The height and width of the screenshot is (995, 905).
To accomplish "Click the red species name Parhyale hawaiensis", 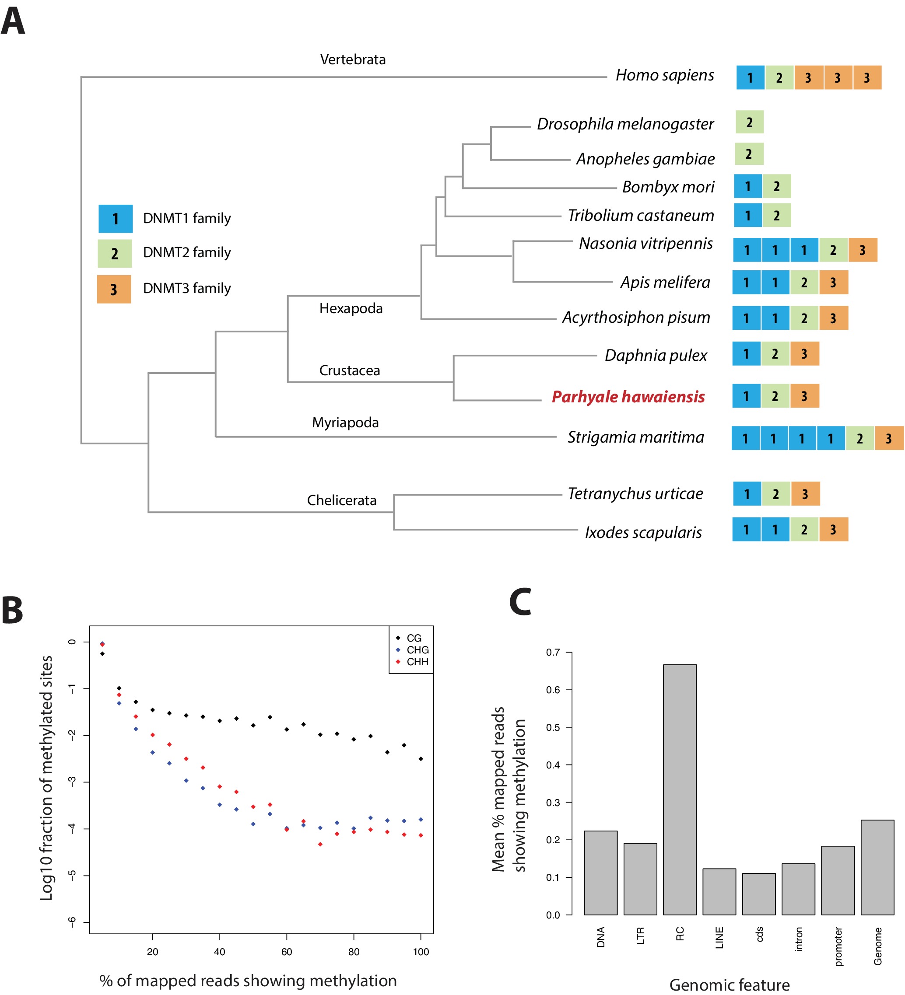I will tap(628, 397).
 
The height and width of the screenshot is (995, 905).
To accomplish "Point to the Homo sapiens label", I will tap(665, 75).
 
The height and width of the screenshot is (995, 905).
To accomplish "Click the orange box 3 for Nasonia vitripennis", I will tap(863, 250).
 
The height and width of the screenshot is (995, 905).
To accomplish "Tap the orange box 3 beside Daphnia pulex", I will tap(804, 353).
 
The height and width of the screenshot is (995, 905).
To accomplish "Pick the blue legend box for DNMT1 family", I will tap(116, 219).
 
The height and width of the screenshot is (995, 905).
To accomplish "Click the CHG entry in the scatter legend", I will tap(417, 650).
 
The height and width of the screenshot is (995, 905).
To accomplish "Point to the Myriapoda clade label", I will tap(345, 422).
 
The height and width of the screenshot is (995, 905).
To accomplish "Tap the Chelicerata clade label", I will tap(342, 500).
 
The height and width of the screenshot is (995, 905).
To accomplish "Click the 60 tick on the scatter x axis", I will tap(286, 952).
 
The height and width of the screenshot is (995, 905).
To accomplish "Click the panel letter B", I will tap(12, 611).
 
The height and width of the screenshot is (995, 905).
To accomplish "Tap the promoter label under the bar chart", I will tap(838, 946).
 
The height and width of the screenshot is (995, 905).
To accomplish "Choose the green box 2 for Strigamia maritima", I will tap(859, 438).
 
